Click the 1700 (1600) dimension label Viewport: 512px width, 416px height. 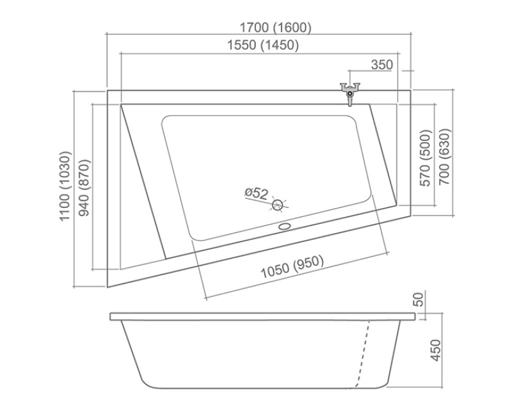(x=275, y=28)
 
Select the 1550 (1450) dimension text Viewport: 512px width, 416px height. (x=262, y=45)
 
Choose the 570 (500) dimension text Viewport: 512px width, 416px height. (x=426, y=159)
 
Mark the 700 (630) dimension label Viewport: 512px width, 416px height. (x=445, y=157)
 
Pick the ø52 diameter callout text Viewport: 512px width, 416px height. (x=255, y=192)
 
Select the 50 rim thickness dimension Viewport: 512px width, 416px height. (x=419, y=299)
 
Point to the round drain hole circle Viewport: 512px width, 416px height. (x=277, y=205)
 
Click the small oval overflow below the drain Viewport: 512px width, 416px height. (x=284, y=225)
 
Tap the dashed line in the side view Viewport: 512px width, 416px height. (x=363, y=352)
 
